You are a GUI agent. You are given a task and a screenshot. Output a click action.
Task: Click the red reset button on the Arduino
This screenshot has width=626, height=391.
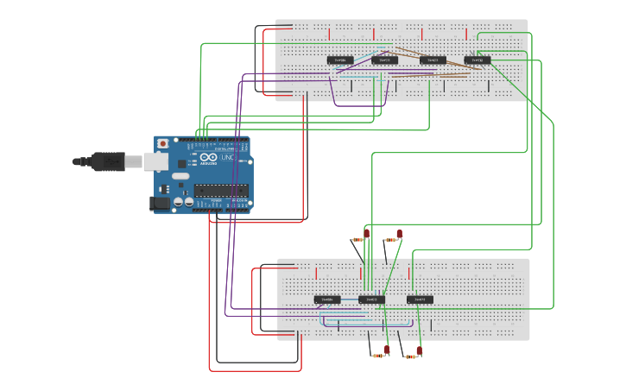pyautogui.click(x=162, y=144)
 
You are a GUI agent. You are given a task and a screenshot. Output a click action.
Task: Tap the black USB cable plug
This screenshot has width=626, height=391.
pyautogui.click(x=107, y=161)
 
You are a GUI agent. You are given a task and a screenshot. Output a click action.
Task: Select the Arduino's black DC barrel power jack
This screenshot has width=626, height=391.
pyautogui.click(x=160, y=203)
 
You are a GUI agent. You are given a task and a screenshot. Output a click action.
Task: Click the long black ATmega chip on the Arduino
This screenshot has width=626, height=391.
pyautogui.click(x=221, y=191)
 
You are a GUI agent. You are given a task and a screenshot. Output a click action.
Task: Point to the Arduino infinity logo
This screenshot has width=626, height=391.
pyautogui.click(x=209, y=158)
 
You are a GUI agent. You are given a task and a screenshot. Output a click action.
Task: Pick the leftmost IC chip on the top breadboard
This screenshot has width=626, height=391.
pyautogui.click(x=340, y=60)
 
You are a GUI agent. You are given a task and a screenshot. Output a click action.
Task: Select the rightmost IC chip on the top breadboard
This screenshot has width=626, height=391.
pyautogui.click(x=477, y=60)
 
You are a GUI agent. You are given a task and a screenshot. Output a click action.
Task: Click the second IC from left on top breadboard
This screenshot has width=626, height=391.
pyautogui.click(x=385, y=60)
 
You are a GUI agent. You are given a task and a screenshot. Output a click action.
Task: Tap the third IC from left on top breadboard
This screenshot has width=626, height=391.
pyautogui.click(x=433, y=60)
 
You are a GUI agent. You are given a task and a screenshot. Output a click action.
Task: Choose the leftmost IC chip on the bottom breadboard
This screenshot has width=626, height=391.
pyautogui.click(x=327, y=300)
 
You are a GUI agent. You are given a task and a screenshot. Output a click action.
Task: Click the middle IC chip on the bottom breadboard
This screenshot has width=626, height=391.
pyautogui.click(x=372, y=300)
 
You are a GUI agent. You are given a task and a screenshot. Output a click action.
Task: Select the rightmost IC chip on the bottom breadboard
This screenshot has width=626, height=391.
pyautogui.click(x=420, y=300)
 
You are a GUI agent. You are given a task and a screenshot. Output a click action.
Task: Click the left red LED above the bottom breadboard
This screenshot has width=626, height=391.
pyautogui.click(x=366, y=233)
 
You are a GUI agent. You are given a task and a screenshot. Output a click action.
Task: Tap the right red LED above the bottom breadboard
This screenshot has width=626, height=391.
pyautogui.click(x=400, y=233)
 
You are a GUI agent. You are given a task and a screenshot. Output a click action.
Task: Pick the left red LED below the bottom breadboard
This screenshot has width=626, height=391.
pyautogui.click(x=387, y=350)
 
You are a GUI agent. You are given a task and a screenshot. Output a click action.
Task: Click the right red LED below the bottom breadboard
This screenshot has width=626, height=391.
pyautogui.click(x=419, y=350)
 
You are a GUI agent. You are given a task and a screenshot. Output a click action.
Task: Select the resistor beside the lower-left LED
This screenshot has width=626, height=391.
pyautogui.click(x=377, y=355)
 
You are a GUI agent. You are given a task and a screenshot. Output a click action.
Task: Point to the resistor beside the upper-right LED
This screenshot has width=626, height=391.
pyautogui.click(x=390, y=239)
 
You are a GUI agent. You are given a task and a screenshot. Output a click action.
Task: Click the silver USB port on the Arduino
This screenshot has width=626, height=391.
pyautogui.click(x=155, y=161)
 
